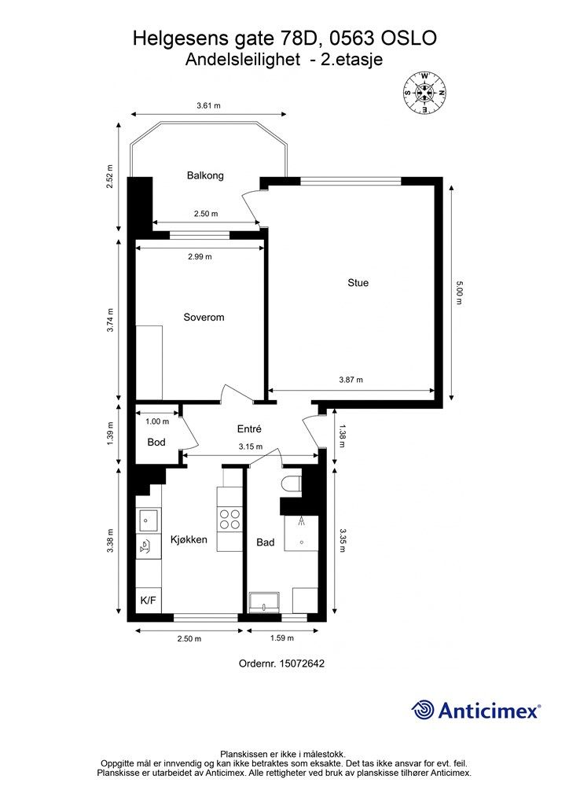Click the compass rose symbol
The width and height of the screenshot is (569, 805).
click(x=424, y=93)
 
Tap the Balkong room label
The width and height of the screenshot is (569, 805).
click(x=205, y=175)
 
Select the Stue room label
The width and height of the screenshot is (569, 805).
click(x=358, y=282)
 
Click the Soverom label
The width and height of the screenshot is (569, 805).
click(x=204, y=318)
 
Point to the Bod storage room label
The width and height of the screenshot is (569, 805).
click(x=156, y=442)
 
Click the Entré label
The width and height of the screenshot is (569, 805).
click(x=249, y=428)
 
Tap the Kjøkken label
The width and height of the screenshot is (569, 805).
click(x=189, y=539)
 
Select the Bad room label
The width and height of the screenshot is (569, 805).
click(x=266, y=542)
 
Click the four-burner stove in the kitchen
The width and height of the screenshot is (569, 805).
click(x=229, y=519)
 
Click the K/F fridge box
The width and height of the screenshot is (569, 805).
click(x=149, y=600)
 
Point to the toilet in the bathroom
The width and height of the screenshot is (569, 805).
click(x=291, y=484)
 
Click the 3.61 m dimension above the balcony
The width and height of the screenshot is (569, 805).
click(x=208, y=106)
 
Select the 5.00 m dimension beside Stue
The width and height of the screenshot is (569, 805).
click(x=459, y=292)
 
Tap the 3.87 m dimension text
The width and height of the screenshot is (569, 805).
click(x=351, y=380)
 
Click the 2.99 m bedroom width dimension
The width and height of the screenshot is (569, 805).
click(x=200, y=257)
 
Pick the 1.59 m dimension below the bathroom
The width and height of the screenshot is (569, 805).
click(x=282, y=638)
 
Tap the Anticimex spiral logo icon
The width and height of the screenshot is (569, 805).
click(x=423, y=710)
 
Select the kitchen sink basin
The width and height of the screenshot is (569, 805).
click(x=149, y=520)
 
